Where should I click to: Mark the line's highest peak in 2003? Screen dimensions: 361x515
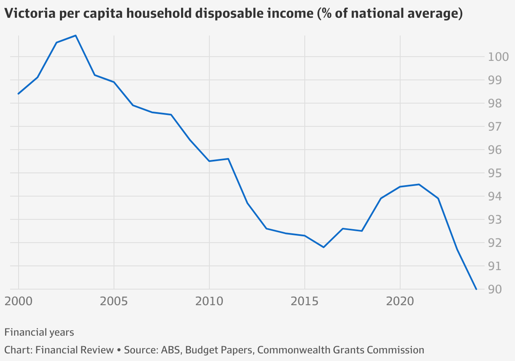tap(76, 36)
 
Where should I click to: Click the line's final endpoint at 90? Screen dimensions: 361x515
tap(476, 289)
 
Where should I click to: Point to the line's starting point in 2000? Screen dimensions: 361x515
tap(19, 93)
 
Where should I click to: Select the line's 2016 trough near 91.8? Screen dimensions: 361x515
tap(323, 247)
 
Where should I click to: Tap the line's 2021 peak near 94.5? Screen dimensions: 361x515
tap(419, 184)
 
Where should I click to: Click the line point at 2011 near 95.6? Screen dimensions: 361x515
tap(228, 159)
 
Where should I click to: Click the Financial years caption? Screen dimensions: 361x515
tap(39, 332)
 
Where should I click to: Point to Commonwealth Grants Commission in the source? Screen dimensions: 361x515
tap(341, 350)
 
